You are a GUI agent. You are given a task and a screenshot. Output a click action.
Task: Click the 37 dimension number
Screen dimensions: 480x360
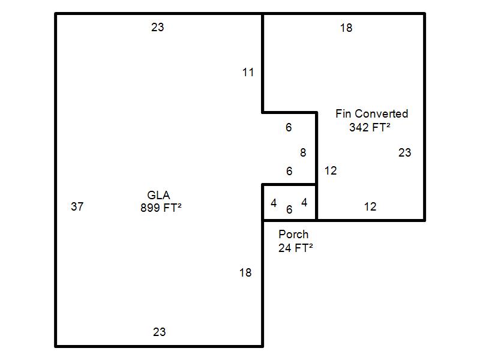(77, 206)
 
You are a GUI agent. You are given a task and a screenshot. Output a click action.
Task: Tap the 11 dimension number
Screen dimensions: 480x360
(248, 73)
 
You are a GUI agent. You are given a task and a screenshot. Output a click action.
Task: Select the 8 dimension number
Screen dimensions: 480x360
(303, 152)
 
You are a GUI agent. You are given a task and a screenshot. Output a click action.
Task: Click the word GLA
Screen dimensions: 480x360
(158, 195)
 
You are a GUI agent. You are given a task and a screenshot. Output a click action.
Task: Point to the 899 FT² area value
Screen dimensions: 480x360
(161, 208)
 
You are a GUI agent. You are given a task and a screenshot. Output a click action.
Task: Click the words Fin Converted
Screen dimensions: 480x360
(372, 113)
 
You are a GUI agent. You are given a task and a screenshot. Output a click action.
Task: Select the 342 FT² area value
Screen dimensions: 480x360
(370, 127)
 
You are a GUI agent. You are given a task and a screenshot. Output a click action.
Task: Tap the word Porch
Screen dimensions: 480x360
(293, 235)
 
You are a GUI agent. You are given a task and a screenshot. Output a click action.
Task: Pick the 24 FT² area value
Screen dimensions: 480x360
(296, 248)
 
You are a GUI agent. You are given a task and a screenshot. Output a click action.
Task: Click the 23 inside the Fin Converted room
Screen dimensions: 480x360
(404, 153)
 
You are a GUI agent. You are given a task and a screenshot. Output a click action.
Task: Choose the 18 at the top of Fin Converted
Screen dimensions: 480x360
(346, 28)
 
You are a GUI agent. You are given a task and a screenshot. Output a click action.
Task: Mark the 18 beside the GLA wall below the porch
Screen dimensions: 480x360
(245, 273)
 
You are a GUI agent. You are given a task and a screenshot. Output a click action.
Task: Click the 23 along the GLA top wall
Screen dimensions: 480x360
(158, 27)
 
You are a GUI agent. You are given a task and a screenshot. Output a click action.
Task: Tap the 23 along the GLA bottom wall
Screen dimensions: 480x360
(160, 332)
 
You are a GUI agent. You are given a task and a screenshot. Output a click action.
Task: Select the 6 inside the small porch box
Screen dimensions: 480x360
(289, 209)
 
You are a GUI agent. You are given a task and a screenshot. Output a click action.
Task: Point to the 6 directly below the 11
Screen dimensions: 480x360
(289, 127)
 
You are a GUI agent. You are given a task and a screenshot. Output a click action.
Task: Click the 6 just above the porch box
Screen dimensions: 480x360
(289, 171)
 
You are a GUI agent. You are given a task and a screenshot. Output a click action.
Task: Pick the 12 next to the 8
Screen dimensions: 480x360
(331, 171)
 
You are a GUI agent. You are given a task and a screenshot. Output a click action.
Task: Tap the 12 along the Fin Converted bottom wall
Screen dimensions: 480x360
(370, 207)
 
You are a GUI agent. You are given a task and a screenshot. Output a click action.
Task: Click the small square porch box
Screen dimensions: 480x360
(289, 185)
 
